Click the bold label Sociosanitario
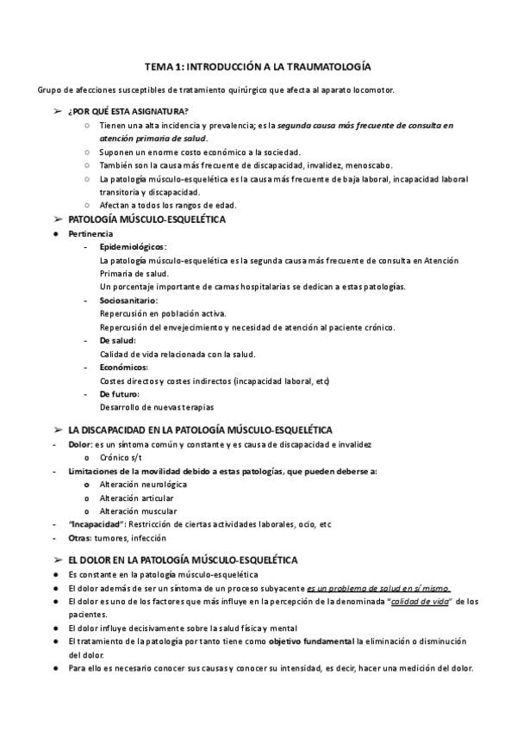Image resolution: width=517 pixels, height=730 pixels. (x=128, y=300)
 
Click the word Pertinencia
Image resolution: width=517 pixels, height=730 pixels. (x=90, y=233)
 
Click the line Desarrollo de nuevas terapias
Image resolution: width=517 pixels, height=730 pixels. (x=157, y=406)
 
